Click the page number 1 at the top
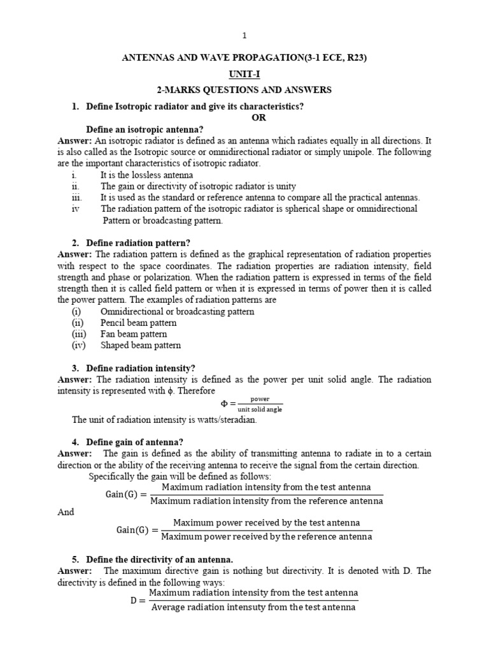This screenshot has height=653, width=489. (244, 35)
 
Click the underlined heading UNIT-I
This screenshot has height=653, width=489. (244, 74)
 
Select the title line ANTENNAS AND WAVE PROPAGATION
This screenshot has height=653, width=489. (244, 58)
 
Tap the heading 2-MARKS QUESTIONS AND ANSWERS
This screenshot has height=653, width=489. (244, 90)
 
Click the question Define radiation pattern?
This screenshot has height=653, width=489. (133, 243)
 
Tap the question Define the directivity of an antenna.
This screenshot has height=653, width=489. (155, 560)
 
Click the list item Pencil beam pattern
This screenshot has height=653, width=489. (138, 323)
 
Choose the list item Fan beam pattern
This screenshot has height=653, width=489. (134, 334)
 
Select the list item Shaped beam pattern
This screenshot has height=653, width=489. (141, 346)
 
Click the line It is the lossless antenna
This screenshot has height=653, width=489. (146, 175)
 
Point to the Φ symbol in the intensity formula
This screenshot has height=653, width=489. (225, 404)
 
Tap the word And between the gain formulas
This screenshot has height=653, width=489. (66, 512)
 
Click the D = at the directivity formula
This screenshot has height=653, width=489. (138, 599)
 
